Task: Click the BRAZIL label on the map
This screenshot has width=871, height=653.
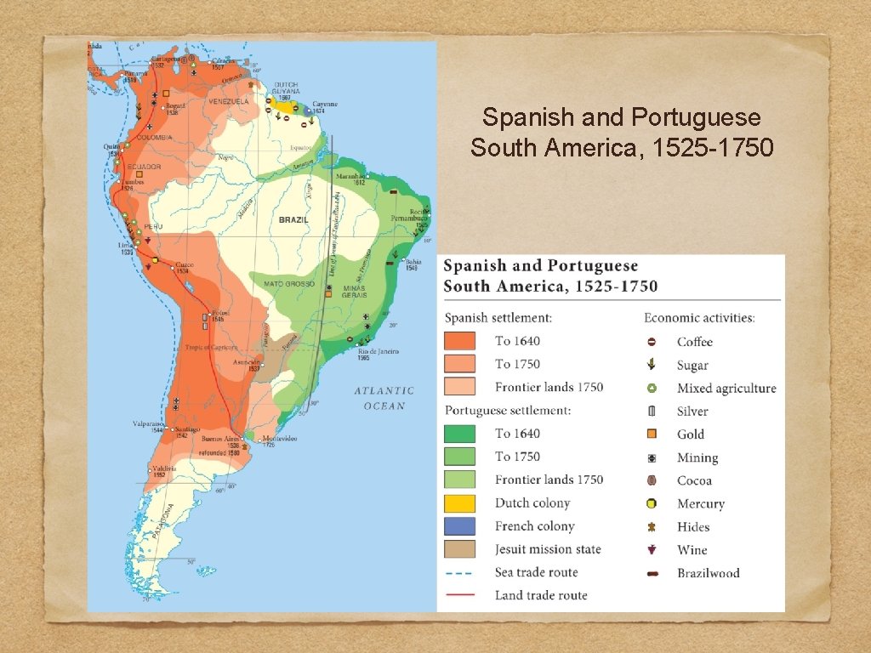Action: coord(293,219)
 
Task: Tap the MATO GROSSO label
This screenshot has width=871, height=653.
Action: coord(285,283)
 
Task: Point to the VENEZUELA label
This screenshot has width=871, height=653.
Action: coord(228,101)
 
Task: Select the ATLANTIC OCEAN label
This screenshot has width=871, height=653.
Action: coord(384,398)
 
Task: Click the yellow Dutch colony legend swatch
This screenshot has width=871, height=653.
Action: coord(459,503)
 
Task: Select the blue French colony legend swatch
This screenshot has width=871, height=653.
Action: coord(459,526)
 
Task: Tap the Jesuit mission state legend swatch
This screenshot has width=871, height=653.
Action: coord(459,549)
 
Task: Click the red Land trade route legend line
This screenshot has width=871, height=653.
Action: coord(459,595)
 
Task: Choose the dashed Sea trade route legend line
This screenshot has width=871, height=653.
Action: coord(459,572)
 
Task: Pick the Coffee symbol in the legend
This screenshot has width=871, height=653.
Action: coord(652,342)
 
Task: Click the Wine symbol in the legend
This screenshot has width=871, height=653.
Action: coord(652,550)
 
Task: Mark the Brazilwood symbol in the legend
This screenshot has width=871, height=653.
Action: coord(652,573)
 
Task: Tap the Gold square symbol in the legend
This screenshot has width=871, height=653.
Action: coord(652,434)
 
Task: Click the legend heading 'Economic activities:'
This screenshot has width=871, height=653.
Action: coord(699,318)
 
